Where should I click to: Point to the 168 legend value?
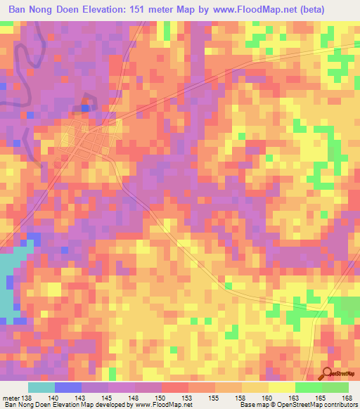[347, 398]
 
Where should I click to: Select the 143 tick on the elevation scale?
[88, 398]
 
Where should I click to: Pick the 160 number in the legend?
[268, 398]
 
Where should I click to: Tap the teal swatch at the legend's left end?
[41, 387]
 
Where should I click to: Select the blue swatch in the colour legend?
[67, 387]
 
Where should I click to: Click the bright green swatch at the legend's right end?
[335, 387]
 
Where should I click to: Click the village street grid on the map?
[84, 141]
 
